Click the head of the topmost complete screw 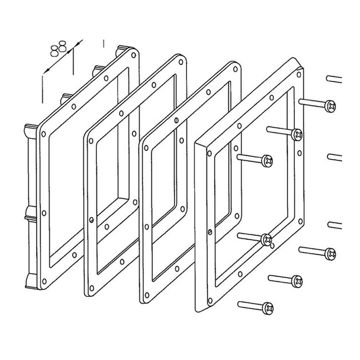click(330, 106)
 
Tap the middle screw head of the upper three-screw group click(297, 134)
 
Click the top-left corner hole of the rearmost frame click(43, 134)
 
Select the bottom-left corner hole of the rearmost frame click(43, 282)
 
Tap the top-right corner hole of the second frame click(181, 62)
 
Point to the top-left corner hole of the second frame click(91, 141)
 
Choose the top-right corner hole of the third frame click(235, 69)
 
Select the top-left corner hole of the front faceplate click(209, 153)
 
